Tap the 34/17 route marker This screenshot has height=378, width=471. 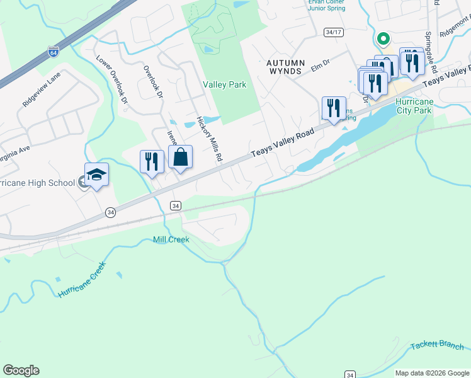334,31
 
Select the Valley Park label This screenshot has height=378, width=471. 224,84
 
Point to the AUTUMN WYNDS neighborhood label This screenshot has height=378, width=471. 285,67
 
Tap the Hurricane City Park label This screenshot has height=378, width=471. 414,106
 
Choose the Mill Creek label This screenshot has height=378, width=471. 171,239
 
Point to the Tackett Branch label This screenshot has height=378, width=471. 436,346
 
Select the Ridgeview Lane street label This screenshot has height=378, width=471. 42,89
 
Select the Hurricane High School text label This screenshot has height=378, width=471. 39,183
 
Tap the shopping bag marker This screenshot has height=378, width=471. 180,159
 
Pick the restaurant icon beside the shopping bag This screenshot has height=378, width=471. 152,161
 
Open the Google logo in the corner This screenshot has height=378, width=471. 21,370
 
